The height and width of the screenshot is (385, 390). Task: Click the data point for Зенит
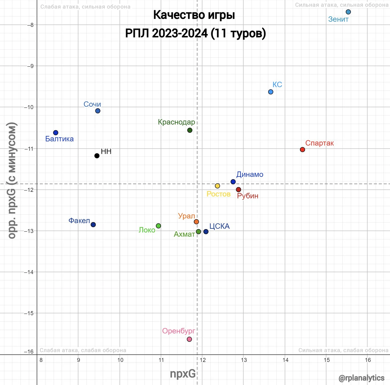(x=348, y=12)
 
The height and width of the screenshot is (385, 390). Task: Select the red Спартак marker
(x=302, y=150)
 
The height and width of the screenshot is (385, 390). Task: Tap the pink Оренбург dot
(x=189, y=339)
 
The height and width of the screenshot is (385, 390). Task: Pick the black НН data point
(x=97, y=156)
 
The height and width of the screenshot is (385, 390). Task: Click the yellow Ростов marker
(x=217, y=186)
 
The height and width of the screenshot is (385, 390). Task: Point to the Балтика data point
(x=56, y=133)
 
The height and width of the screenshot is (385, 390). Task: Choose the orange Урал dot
(x=196, y=222)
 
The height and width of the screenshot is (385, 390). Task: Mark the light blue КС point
(x=271, y=92)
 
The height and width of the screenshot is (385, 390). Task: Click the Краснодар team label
(x=176, y=122)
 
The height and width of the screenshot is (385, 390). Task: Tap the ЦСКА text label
(x=219, y=226)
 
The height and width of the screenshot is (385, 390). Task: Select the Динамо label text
(x=250, y=174)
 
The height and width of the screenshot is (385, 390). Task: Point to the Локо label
(x=147, y=230)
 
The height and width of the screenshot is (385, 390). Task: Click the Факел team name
(x=79, y=221)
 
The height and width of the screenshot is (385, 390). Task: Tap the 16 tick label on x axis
(x=368, y=360)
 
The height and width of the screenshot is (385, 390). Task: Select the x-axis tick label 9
(x=78, y=360)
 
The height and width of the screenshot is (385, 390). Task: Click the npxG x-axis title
(x=183, y=374)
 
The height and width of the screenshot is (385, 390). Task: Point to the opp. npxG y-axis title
(x=12, y=180)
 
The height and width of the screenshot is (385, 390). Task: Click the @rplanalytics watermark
(x=361, y=378)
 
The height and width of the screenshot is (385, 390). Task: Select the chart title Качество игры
(x=194, y=15)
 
